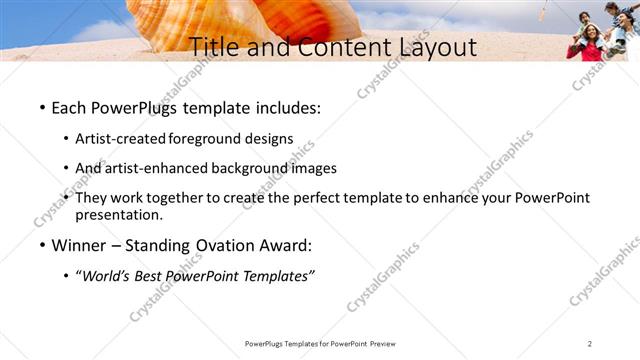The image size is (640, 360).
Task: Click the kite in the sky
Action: point(543,13)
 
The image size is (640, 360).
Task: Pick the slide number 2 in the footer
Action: point(589,344)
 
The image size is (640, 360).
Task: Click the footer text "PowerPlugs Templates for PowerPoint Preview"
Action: point(320,344)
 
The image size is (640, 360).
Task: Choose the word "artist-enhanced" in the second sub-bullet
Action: point(158,168)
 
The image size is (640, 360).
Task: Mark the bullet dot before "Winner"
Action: point(42,246)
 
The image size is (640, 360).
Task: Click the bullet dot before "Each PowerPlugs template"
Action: point(42,107)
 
